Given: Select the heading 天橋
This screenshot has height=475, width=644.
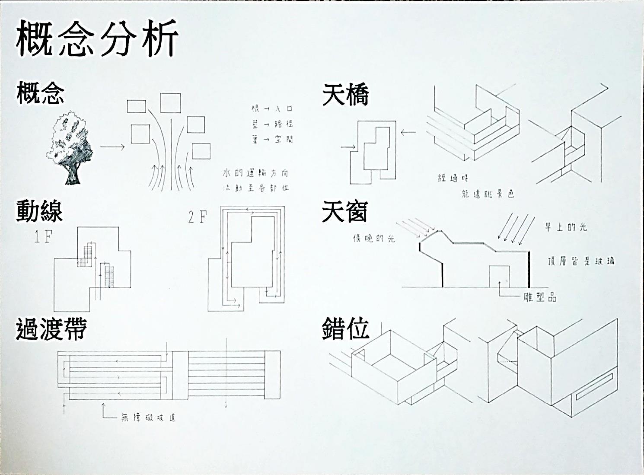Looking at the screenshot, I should coord(345,95).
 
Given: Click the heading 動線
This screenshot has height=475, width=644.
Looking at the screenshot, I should coord(39,211).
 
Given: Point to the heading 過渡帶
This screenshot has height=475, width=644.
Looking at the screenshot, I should coord(51,328).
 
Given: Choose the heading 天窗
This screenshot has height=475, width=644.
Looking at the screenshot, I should coord(344,212).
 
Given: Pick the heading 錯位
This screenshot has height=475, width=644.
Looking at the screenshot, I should coord(345,329).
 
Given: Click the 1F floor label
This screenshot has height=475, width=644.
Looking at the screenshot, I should coord(43,237).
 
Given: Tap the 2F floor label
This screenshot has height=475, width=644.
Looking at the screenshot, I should coord(198,217).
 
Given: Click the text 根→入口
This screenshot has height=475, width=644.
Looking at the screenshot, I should coord(272,108).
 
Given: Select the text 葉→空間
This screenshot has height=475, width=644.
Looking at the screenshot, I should coord(272,139).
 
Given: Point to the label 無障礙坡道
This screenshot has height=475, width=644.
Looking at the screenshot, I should coord(148,418).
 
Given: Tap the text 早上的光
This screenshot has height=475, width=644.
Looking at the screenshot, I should coord(566,227).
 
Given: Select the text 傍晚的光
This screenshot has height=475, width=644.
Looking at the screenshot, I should coord(374,238).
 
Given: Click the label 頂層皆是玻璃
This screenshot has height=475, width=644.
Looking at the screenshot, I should coord(580,261).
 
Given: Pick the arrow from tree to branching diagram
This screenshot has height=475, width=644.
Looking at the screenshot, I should coord(112,147).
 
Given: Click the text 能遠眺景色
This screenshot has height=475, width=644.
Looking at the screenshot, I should coord(488,194).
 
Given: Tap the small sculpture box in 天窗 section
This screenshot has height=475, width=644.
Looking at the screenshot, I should coord(499,276).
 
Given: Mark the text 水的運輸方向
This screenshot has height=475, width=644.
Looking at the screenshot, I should coord(255,173).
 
